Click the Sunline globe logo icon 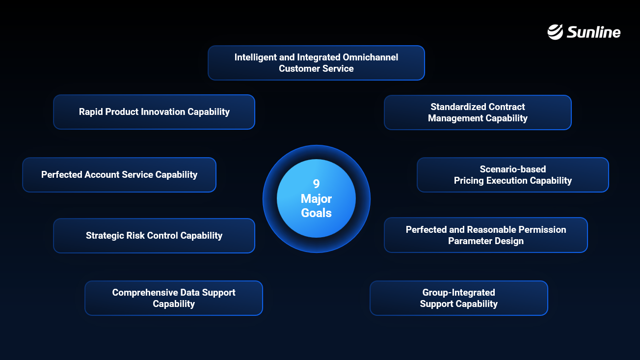click(555, 32)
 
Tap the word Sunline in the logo click(593, 32)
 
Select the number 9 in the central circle click(316, 184)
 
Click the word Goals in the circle click(316, 213)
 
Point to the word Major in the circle click(316, 199)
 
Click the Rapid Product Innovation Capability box click(154, 112)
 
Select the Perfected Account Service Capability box click(119, 175)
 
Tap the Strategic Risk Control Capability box click(154, 236)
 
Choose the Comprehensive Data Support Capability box click(174, 298)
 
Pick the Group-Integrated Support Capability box click(459, 298)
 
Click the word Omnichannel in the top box click(370, 57)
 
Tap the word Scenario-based click(513, 169)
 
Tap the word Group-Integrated click(459, 293)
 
